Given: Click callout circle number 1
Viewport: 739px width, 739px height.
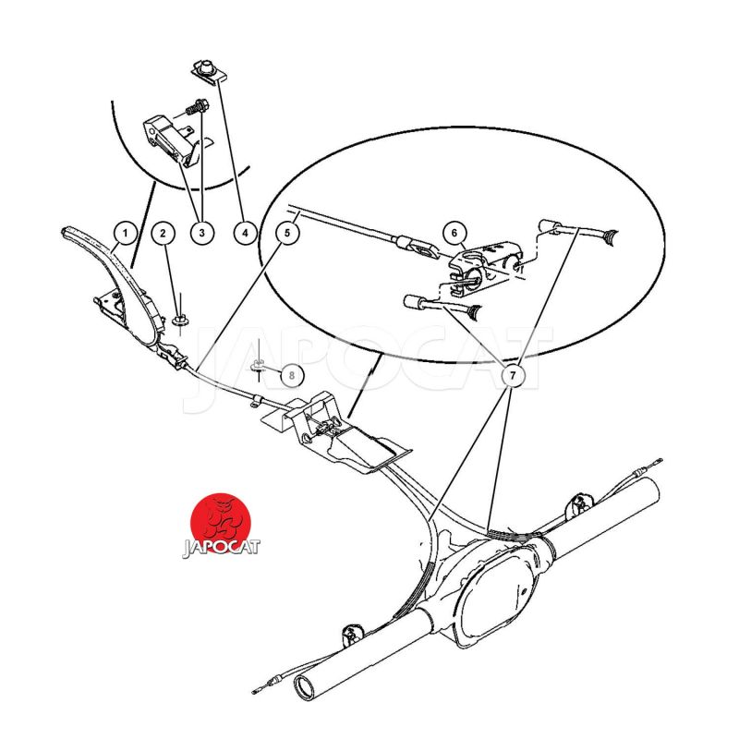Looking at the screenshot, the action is [126, 233].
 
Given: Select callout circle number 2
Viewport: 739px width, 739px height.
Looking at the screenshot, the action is [164, 233].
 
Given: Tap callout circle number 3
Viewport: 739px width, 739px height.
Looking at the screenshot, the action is [202, 233].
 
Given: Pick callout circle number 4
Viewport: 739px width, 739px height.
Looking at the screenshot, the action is [246, 233].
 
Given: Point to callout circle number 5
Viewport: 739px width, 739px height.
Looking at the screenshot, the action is [287, 233].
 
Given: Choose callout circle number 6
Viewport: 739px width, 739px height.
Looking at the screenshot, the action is [454, 233].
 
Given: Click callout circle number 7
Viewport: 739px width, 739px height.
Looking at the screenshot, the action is [514, 375].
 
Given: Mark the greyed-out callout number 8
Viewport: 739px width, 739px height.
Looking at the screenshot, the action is [292, 375].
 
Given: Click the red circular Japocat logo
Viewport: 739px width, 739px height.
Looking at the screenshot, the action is [221, 524].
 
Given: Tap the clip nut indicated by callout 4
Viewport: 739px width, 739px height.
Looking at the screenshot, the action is [210, 72].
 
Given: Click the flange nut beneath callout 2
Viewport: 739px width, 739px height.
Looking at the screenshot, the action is [179, 321].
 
